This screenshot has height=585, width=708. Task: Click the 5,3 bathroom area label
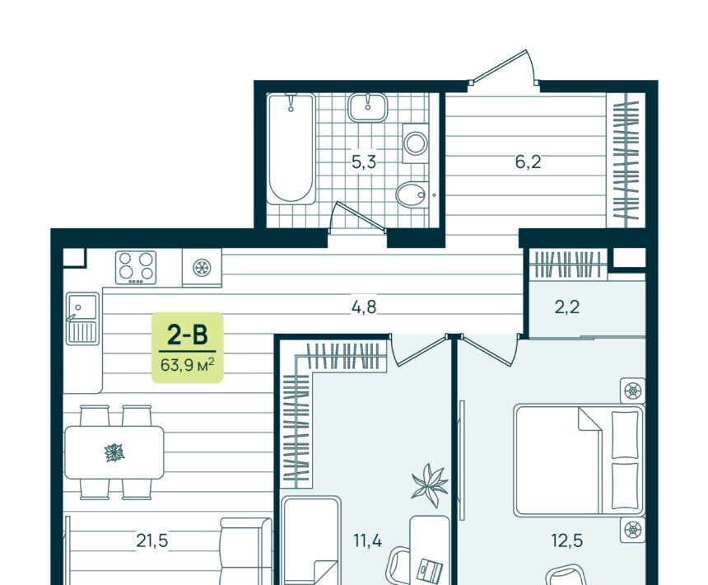[364, 161]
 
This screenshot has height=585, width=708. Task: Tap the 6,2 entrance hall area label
[528, 161]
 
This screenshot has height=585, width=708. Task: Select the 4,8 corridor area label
[364, 307]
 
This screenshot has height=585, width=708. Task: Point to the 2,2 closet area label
[566, 307]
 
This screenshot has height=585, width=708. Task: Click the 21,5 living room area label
[152, 541]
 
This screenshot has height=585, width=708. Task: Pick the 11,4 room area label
[367, 541]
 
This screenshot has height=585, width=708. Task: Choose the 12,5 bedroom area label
[567, 541]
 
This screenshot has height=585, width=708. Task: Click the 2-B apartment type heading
[188, 335]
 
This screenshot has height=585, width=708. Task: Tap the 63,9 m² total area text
[187, 364]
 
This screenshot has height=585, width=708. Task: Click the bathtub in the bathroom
[291, 148]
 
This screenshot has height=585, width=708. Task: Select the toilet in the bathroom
[412, 195]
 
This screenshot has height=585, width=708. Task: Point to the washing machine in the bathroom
[416, 143]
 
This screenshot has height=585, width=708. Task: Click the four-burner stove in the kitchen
[136, 268]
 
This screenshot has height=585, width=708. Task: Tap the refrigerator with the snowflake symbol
[202, 268]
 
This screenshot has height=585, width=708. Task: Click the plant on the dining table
[114, 452]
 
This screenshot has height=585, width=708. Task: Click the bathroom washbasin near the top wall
[367, 107]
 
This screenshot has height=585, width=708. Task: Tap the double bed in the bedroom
[580, 460]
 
